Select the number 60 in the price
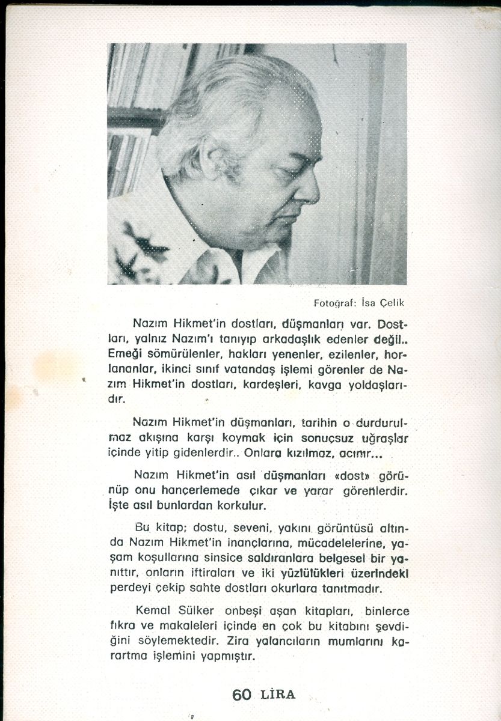coord(242,694)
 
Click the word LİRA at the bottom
coord(278,695)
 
